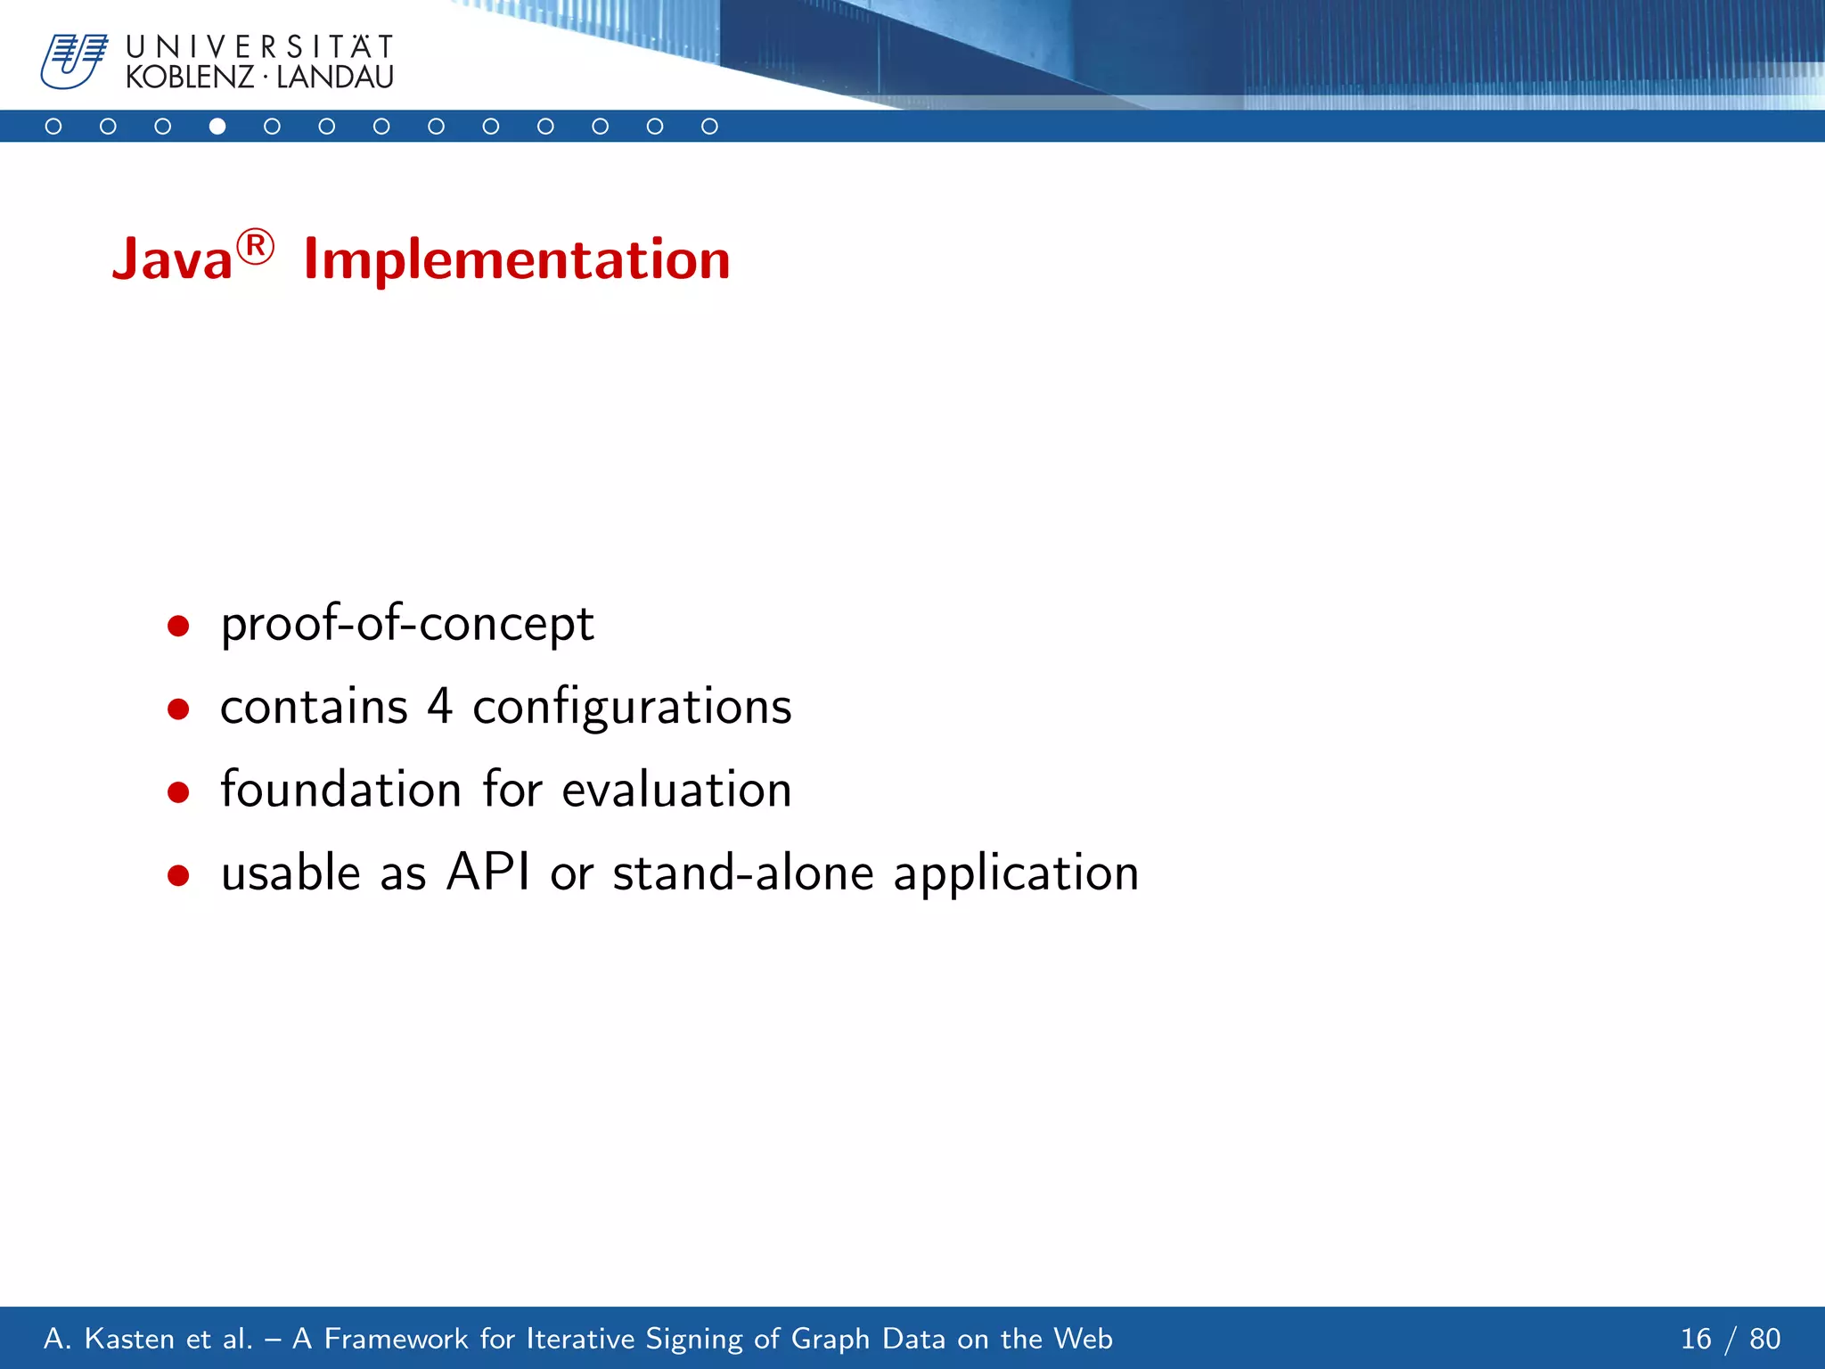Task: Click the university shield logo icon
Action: pos(73,61)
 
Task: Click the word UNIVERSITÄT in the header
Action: pos(259,46)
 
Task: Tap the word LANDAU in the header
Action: pos(335,78)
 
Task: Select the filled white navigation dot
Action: pos(217,127)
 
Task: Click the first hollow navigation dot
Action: pos(53,127)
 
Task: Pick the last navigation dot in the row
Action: pos(709,127)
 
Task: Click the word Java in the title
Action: pos(172,260)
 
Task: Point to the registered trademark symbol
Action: pos(256,246)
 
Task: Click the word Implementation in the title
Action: pos(517,260)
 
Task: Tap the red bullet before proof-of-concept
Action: pos(178,626)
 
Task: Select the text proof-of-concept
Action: pos(407,624)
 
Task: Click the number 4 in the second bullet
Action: pos(439,707)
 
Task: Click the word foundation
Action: pos(340,790)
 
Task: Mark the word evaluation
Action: pos(676,790)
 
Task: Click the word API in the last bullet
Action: pos(487,872)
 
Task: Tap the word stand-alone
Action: pos(743,873)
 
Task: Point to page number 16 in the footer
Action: pos(1696,1339)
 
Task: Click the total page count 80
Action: pos(1764,1339)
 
